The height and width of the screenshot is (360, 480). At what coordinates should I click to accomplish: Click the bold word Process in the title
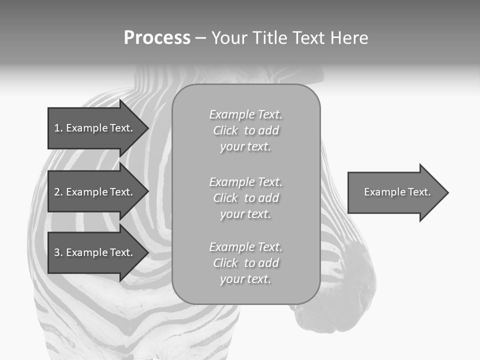coord(157,38)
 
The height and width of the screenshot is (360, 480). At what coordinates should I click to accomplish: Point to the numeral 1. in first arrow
coord(58,128)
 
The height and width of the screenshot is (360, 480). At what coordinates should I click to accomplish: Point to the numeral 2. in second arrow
coord(58,192)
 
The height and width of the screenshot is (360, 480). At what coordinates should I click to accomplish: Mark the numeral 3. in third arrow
coord(58,252)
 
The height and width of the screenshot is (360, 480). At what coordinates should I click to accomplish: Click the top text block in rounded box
coord(245,130)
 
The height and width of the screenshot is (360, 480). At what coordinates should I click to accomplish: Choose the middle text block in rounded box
coord(245,198)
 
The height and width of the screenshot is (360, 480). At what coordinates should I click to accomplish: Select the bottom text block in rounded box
coord(245,263)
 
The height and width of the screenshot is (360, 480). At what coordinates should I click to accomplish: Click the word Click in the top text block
coord(225,131)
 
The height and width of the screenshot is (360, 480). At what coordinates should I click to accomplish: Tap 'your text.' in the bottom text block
coord(245,279)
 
